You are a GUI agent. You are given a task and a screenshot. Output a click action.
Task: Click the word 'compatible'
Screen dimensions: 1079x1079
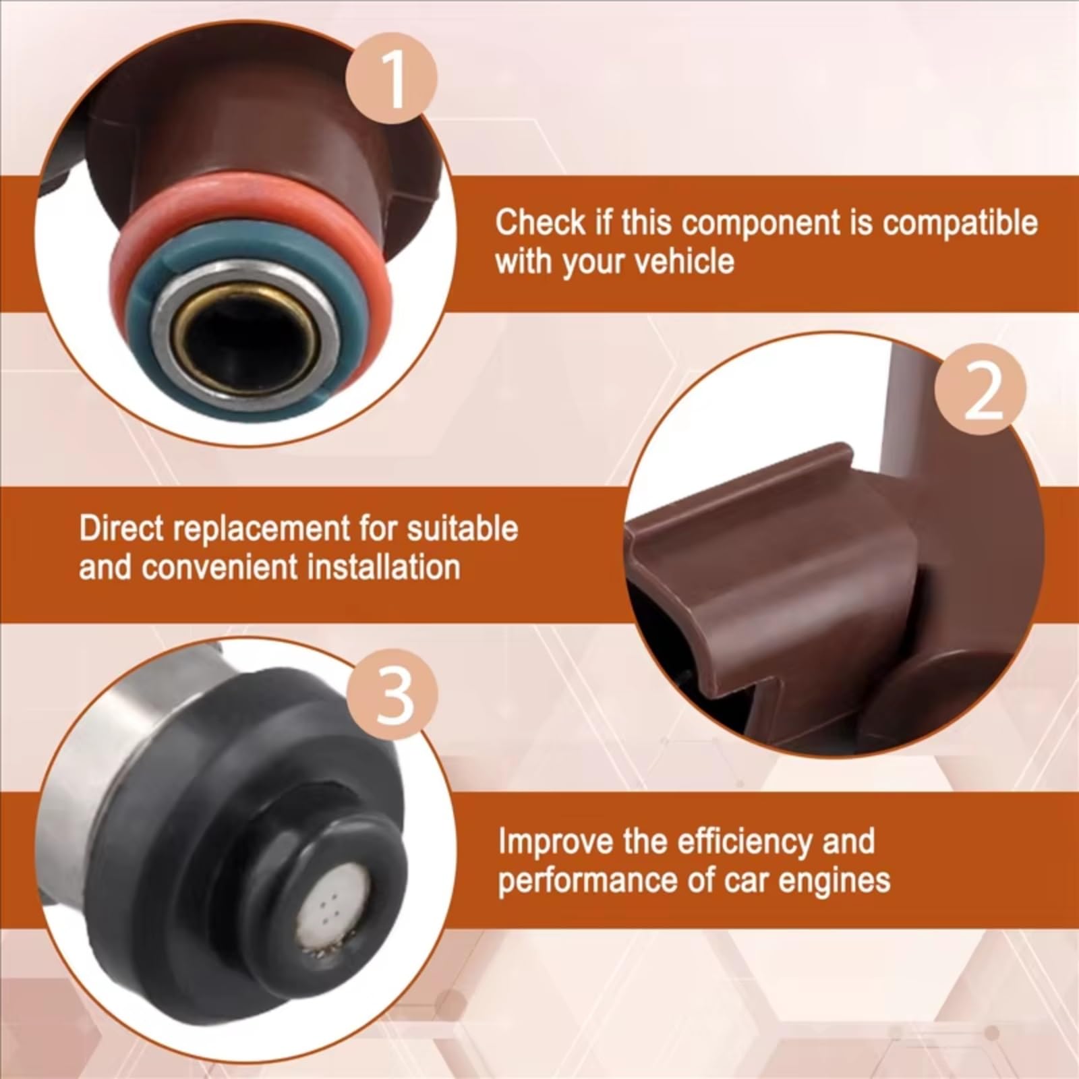pyautogui.click(x=961, y=223)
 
